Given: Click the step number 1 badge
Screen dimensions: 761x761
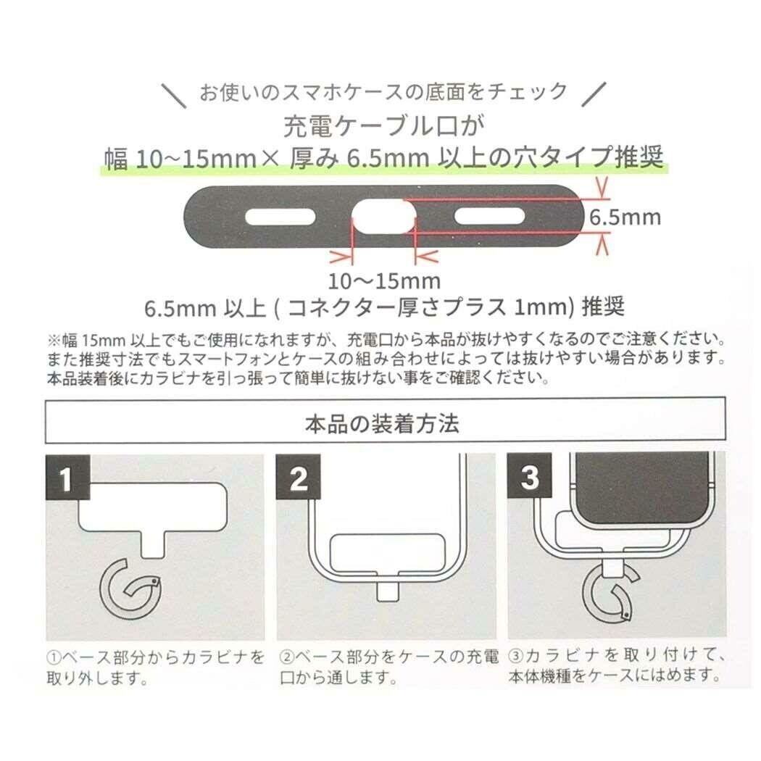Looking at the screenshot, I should point(67,480).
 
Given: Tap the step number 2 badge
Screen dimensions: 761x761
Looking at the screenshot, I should point(298,480).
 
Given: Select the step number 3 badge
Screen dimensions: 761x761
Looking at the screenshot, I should point(530,480).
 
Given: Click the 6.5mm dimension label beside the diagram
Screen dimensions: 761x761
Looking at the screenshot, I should point(625,217).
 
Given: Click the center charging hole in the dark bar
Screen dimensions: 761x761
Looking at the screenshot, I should point(383,217).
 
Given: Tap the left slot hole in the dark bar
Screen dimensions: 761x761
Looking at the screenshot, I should point(280,217).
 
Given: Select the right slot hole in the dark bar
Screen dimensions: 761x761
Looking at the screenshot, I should point(489,217).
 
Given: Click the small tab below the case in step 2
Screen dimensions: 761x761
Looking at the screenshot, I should point(388,591).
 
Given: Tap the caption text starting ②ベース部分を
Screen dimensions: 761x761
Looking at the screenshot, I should point(388,668).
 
